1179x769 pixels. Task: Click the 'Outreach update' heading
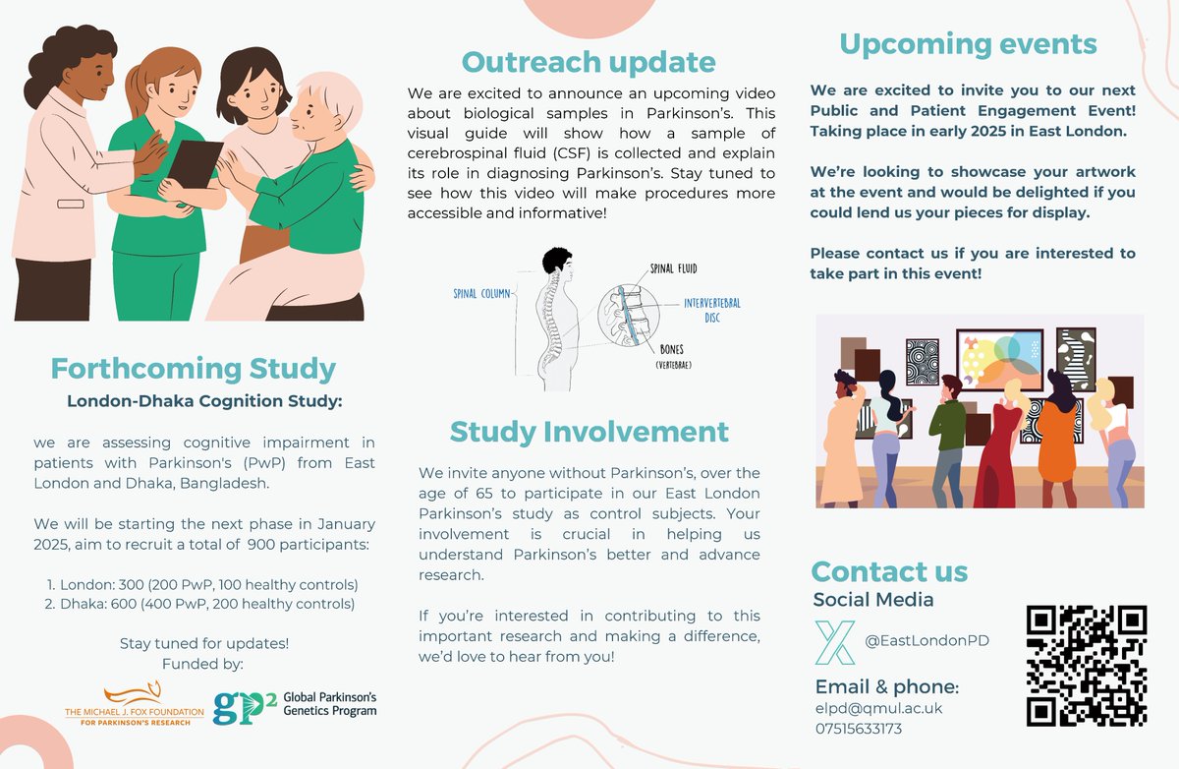click(x=589, y=62)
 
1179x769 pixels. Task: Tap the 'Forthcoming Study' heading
click(x=194, y=369)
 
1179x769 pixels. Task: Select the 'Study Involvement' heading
click(x=589, y=431)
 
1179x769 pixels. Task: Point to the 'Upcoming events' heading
click(x=967, y=44)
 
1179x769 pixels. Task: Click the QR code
click(x=1087, y=665)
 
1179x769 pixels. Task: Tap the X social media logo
click(x=835, y=641)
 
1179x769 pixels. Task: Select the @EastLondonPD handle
click(x=926, y=641)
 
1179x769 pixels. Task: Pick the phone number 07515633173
click(x=859, y=729)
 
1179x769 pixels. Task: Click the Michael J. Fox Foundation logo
click(x=135, y=704)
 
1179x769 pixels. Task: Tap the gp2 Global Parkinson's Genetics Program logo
click(x=296, y=703)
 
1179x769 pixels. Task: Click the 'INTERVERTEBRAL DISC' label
click(x=711, y=310)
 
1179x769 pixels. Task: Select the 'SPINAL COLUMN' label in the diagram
click(x=482, y=293)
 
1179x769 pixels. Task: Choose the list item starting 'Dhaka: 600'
click(x=200, y=603)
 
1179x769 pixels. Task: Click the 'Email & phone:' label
click(x=886, y=686)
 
